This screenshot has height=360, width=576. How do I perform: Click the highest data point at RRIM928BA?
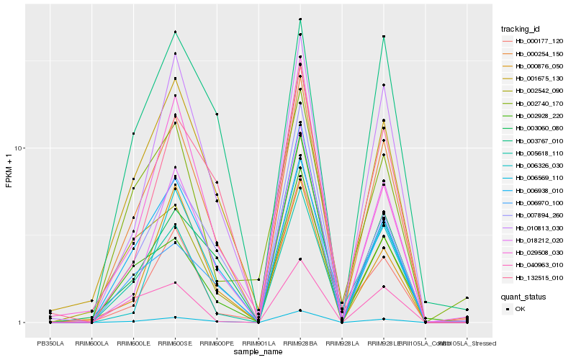point(300,19)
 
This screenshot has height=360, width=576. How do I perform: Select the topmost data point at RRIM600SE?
point(175,32)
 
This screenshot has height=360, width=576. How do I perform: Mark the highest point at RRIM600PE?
point(217,114)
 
